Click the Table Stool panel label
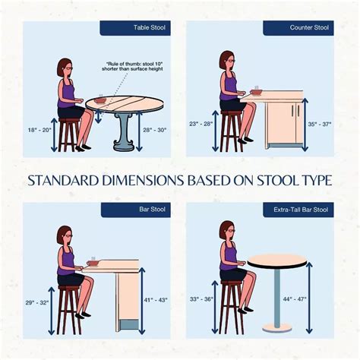pos(150,27)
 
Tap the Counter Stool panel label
pos(309,27)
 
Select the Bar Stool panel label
pos(152,210)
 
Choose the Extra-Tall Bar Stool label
pos(301,210)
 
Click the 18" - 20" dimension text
pos(39,130)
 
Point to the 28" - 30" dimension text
pos(155,130)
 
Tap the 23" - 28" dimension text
pos(201,124)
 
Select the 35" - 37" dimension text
pos(320,125)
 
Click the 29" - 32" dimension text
pos(37,302)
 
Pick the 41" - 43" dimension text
pos(156,300)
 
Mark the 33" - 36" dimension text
pos(201,299)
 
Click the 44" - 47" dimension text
pos(295,299)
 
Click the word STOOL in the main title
pos(277,181)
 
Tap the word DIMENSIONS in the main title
pos(142,181)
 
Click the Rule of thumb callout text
pos(132,66)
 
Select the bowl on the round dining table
pos(100,100)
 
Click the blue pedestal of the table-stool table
pos(124,132)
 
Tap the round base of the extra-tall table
pos(277,327)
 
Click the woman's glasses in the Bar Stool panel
pos(69,235)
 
